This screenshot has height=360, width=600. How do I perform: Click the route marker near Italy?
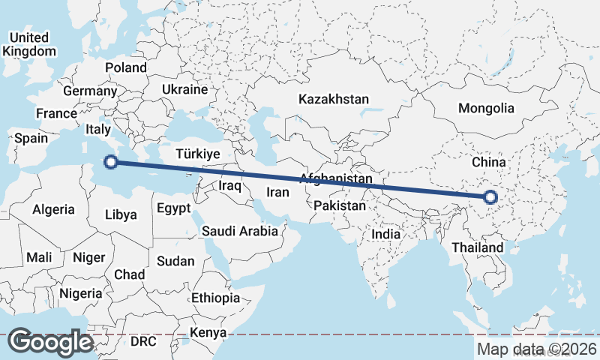tap(110, 161)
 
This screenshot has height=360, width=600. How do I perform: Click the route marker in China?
tap(490, 198)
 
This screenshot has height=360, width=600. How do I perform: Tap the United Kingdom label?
tap(29, 44)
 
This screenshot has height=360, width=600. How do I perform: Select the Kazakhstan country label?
tap(334, 99)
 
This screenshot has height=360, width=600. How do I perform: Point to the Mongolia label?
tap(486, 108)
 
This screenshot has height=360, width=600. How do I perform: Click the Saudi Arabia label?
tap(239, 232)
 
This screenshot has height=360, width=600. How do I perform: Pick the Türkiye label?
tap(196, 154)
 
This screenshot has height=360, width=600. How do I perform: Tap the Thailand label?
tap(478, 247)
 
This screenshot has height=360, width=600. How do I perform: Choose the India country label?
tap(386, 234)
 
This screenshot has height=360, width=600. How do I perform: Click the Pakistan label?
tap(340, 205)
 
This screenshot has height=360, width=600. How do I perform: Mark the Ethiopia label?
tap(215, 298)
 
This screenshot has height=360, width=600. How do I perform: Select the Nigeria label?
tap(79, 292)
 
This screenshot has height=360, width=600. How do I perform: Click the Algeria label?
tap(53, 210)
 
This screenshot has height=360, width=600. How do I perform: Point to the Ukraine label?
tap(184, 89)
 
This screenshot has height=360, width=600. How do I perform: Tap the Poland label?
tap(126, 67)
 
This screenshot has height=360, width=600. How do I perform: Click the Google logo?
tap(50, 342)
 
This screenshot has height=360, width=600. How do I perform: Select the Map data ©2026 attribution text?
tap(537, 349)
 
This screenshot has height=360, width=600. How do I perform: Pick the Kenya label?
tap(208, 332)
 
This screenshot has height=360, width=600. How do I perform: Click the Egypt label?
tap(174, 208)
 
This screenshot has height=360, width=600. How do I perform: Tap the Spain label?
tap(31, 138)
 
